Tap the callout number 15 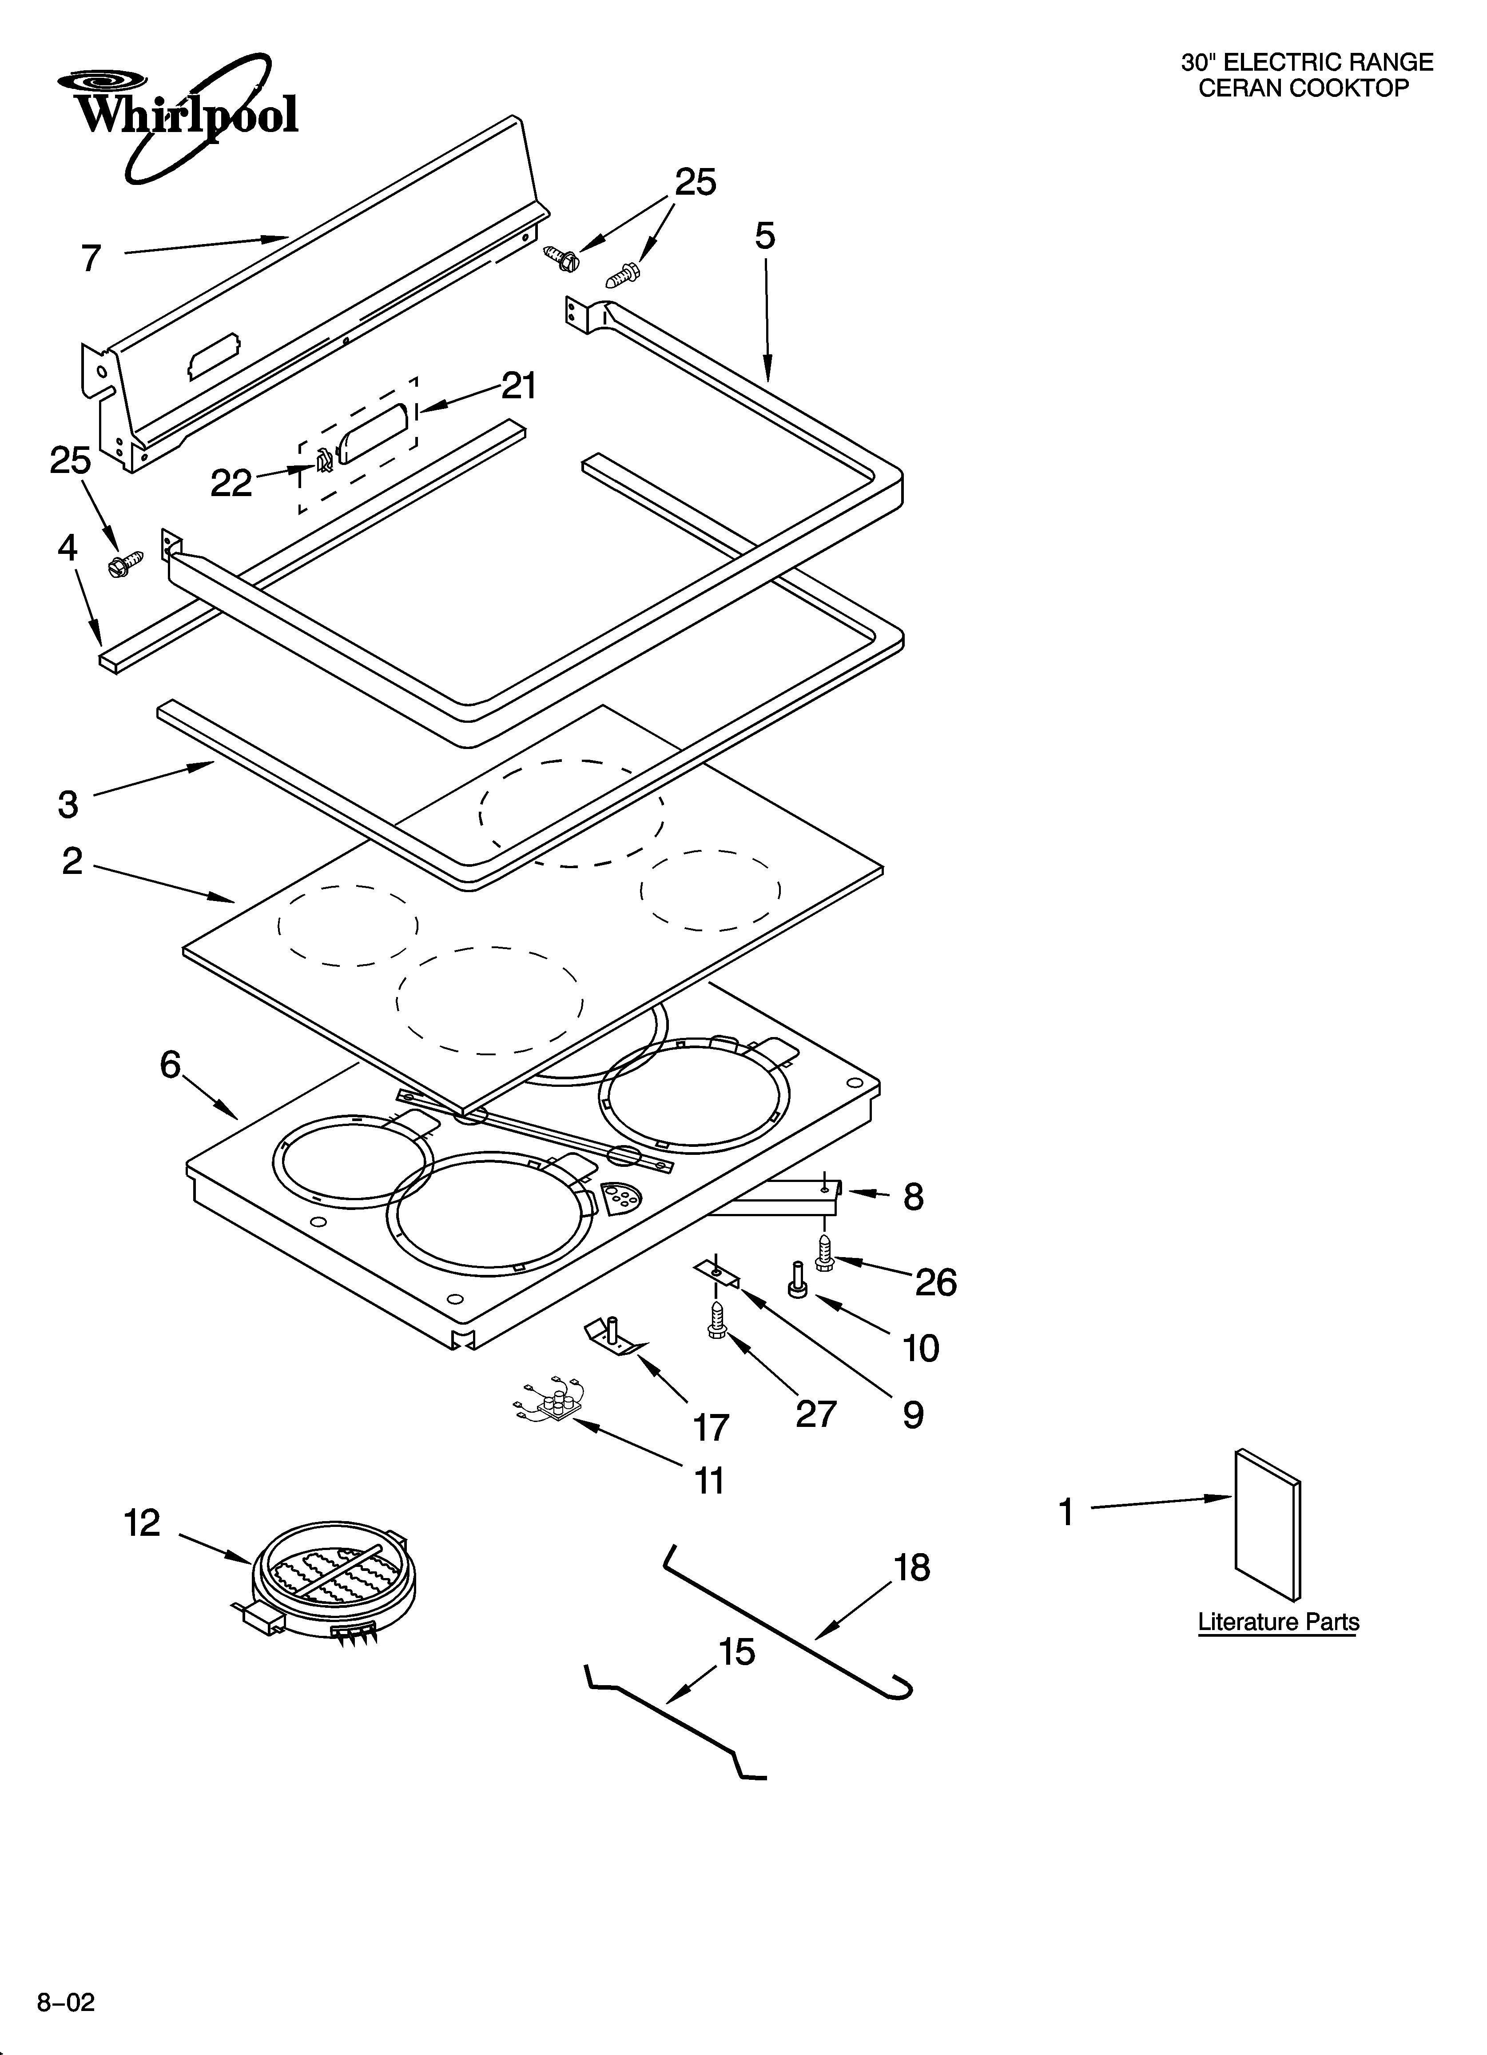pyautogui.click(x=737, y=1653)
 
